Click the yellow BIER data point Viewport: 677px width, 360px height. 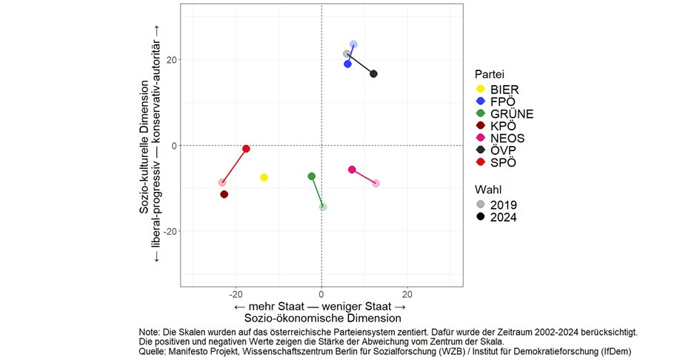tap(264, 178)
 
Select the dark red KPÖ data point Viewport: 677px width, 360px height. tap(224, 194)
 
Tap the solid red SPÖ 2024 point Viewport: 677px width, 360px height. tap(247, 149)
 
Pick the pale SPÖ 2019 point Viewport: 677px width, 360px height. tap(222, 182)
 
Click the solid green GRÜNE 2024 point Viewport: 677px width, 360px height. tap(312, 176)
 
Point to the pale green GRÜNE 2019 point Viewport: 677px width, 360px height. tap(323, 207)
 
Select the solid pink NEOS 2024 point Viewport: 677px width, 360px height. tap(352, 170)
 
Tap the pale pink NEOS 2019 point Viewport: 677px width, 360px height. tap(376, 183)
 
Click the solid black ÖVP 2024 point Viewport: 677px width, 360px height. tap(374, 74)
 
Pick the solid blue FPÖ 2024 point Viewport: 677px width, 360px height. tap(347, 64)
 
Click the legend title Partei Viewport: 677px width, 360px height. tap(491, 74)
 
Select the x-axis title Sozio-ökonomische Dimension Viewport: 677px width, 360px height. tap(320, 318)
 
